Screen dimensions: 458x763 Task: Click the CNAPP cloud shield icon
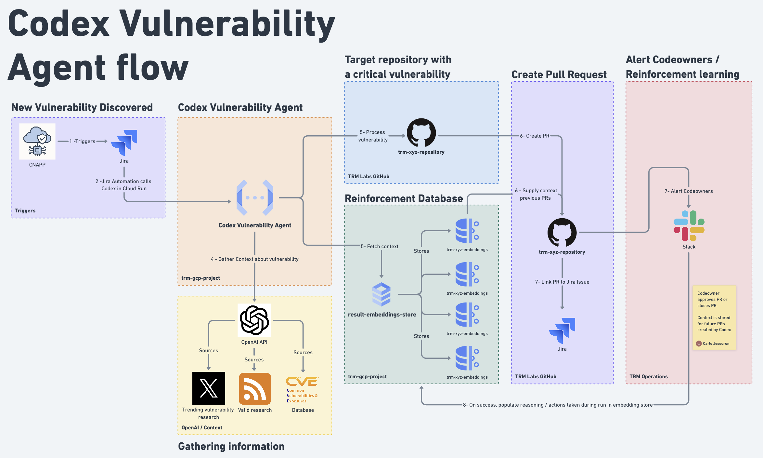[37, 141]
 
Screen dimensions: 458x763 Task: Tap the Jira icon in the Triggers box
[124, 142]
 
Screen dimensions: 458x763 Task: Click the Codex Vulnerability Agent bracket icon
[255, 197]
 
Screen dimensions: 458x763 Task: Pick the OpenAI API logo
[254, 320]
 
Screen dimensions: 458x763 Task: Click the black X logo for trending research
[209, 388]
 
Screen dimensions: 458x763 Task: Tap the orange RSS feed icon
[255, 388]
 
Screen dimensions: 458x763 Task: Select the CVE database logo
[302, 389]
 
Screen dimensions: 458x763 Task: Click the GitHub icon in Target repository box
[421, 133]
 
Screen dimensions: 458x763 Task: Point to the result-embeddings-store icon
[381, 294]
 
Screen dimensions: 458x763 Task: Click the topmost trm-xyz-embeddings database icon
[467, 231]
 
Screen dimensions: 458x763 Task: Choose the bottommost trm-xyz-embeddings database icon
[467, 358]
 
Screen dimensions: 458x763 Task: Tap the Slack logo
[689, 226]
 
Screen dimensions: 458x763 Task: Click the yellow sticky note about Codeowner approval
[714, 317]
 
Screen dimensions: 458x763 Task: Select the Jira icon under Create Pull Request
[562, 330]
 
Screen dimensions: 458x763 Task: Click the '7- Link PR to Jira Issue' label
[562, 282]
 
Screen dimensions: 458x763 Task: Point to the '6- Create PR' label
[535, 136]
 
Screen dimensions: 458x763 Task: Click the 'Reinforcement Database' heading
[404, 198]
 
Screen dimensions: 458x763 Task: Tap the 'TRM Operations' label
[648, 376]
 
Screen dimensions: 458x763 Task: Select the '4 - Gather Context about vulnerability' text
[254, 259]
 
